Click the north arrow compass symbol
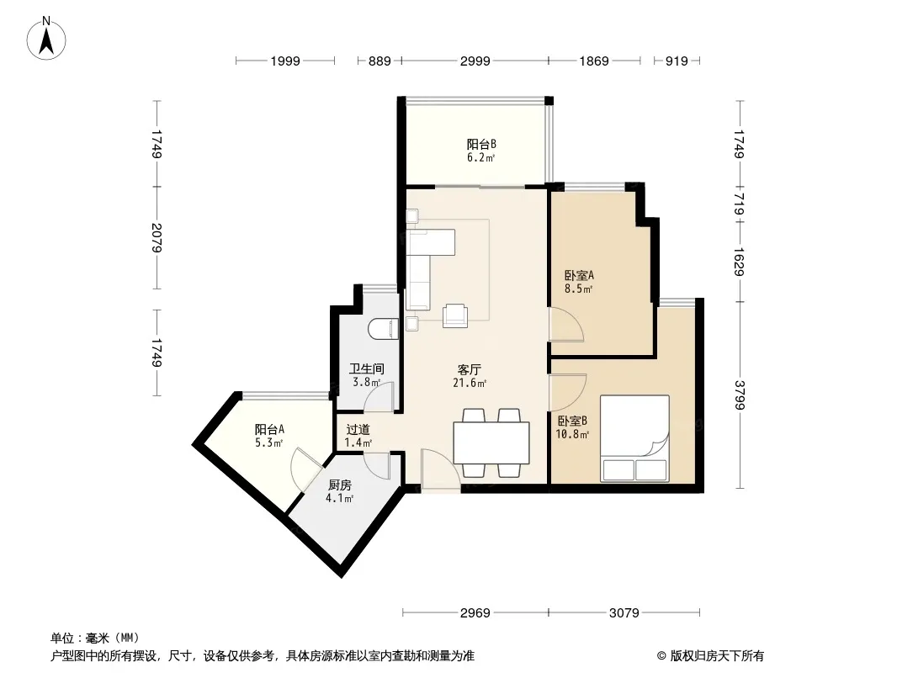[46, 39]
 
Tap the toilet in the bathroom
[384, 330]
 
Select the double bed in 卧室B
[634, 438]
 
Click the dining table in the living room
[491, 442]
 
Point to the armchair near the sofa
[455, 315]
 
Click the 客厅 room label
[469, 369]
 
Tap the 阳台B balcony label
[481, 144]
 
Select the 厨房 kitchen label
[340, 485]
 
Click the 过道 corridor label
[358, 429]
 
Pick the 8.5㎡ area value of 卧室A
[578, 289]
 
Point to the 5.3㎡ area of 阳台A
[269, 442]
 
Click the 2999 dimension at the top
[475, 61]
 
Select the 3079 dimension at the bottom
[624, 613]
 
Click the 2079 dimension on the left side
[157, 238]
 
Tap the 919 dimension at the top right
[677, 61]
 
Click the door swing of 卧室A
[565, 325]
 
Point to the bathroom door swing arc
[379, 397]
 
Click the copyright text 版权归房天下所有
[717, 656]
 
